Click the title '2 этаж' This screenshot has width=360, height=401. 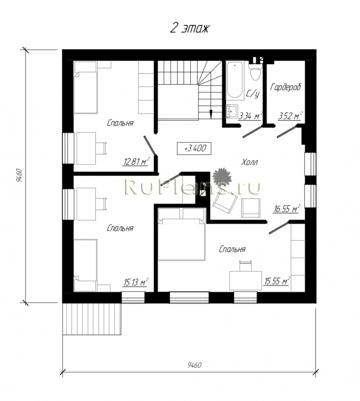pyautogui.click(x=189, y=28)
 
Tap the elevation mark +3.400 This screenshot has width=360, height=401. pyautogui.click(x=194, y=149)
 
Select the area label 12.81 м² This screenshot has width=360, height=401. pyautogui.click(x=136, y=162)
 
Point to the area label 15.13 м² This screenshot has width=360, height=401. pyautogui.click(x=136, y=282)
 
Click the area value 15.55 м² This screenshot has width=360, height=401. pyautogui.click(x=277, y=281)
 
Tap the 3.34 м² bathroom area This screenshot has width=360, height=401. pyautogui.click(x=250, y=117)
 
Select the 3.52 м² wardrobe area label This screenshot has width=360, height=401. pyautogui.click(x=290, y=116)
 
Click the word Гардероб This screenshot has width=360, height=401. pyautogui.click(x=286, y=87)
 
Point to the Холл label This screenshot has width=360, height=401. pyautogui.click(x=250, y=162)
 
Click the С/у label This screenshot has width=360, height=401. pyautogui.click(x=253, y=94)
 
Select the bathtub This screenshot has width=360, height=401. pyautogui.click(x=235, y=80)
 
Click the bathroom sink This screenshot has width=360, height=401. pyautogui.click(x=232, y=111)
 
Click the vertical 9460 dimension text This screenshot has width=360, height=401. pyautogui.click(x=19, y=175)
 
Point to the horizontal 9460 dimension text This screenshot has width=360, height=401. pyautogui.click(x=194, y=365)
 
